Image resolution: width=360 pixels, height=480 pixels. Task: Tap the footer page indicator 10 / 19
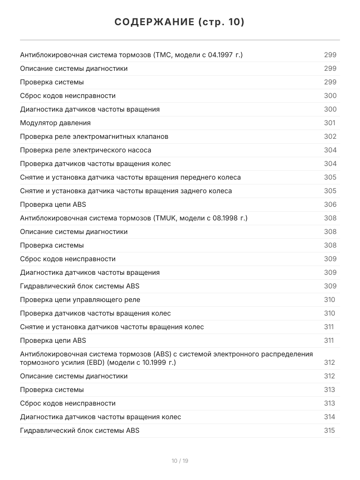(180, 461)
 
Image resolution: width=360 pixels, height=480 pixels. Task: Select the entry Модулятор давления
(55, 123)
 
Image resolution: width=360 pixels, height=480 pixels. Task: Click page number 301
(330, 123)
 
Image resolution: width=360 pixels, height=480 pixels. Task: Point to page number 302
(330, 136)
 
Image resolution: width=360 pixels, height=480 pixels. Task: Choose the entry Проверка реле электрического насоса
(86, 150)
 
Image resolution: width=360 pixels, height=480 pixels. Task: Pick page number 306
(330, 204)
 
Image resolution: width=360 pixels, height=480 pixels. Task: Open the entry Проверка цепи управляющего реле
(80, 300)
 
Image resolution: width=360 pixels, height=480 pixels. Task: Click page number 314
(330, 417)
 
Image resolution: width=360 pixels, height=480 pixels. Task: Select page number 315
(330, 430)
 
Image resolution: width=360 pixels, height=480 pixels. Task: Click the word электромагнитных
(105, 136)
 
